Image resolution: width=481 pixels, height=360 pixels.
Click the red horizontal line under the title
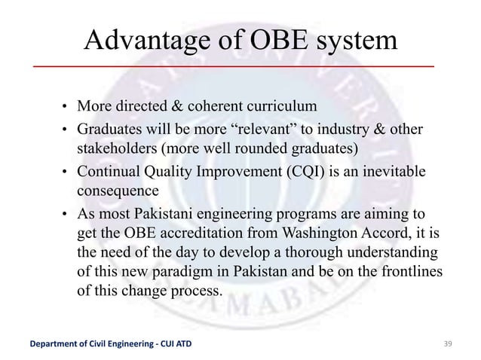point(233,67)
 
